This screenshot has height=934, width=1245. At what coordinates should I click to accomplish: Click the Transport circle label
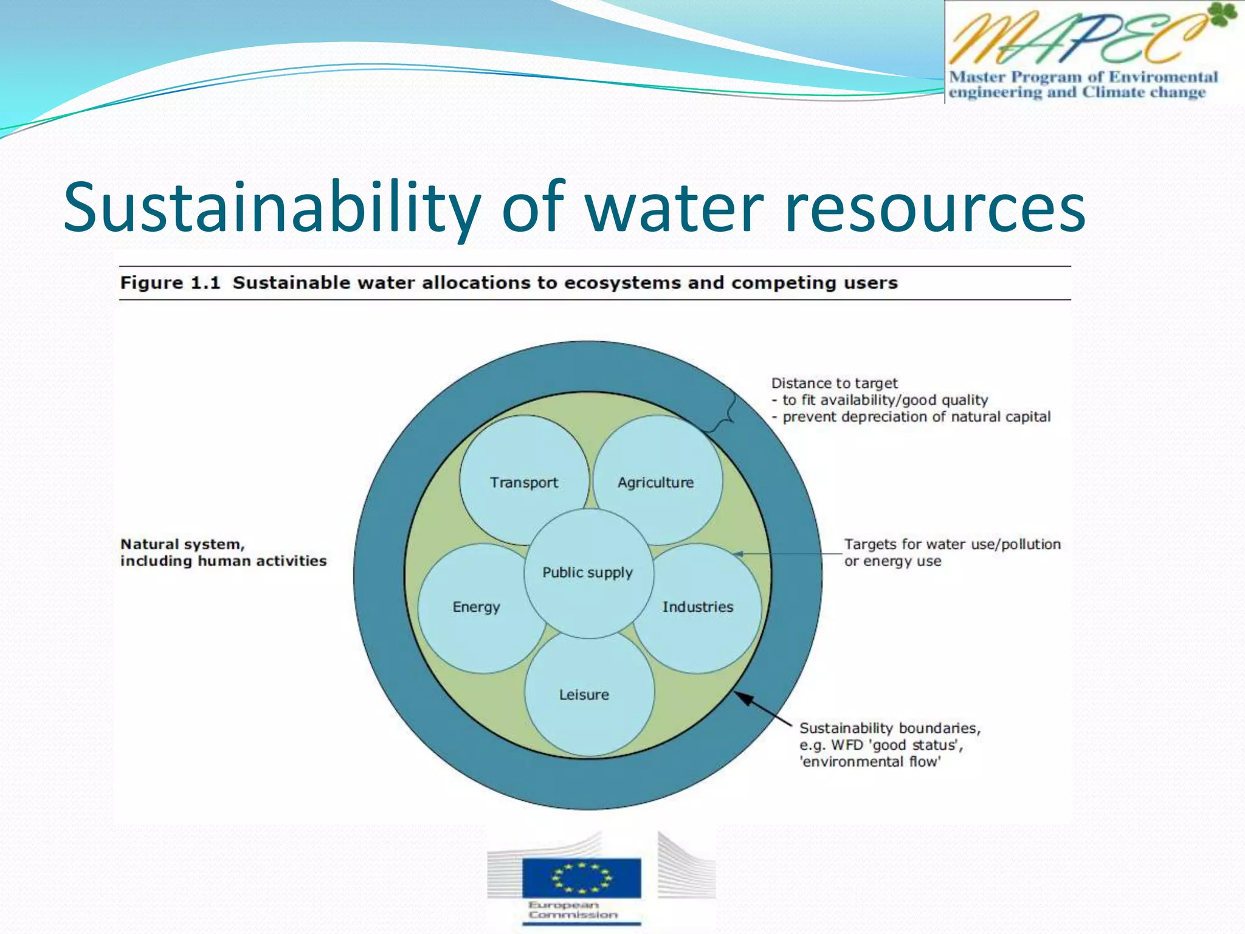(523, 482)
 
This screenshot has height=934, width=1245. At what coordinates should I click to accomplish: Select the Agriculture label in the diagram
(655, 482)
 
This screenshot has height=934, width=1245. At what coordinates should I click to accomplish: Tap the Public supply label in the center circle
(587, 572)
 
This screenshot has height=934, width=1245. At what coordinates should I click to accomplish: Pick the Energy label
(476, 607)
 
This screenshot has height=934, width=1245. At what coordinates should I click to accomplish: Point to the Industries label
(697, 607)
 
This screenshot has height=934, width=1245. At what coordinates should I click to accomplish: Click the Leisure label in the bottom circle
(584, 694)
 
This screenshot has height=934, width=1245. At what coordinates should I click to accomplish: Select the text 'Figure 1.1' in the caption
(170, 283)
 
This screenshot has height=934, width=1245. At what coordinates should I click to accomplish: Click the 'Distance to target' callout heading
(834, 383)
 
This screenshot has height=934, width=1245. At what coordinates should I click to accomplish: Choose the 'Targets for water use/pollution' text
(952, 544)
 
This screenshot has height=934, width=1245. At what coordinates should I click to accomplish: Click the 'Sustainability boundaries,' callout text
(889, 728)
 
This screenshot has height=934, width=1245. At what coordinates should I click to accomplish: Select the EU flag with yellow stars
(581, 877)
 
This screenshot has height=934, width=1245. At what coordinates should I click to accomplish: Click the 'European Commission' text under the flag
(573, 910)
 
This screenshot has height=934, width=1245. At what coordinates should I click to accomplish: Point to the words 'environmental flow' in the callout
(871, 762)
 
